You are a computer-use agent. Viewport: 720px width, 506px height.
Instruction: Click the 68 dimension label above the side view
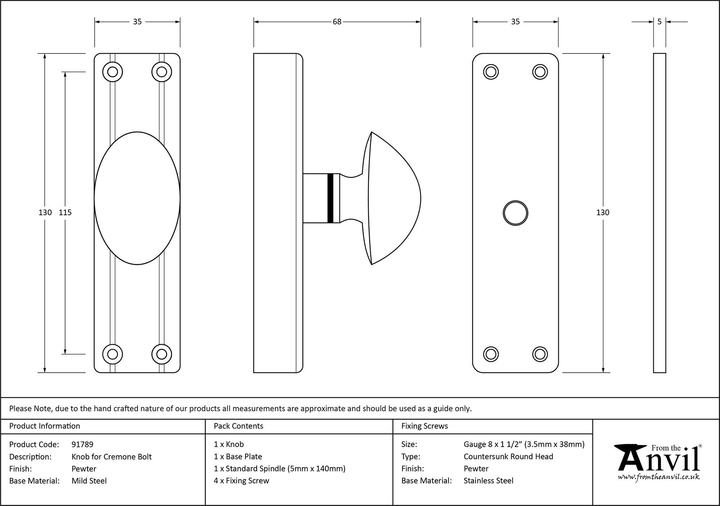click(337, 22)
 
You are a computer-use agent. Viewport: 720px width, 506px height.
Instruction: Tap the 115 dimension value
click(65, 213)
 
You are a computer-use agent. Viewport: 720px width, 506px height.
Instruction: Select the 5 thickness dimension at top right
click(659, 22)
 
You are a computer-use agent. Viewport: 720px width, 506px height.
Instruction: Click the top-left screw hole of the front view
click(112, 72)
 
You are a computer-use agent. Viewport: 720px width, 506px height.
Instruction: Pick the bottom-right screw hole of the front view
click(162, 354)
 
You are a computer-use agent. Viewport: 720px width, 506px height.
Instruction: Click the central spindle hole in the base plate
click(515, 213)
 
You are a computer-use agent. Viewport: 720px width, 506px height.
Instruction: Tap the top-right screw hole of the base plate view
click(540, 72)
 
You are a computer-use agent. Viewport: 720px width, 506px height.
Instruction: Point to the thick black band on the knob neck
click(330, 198)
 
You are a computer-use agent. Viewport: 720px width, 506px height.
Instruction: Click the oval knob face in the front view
click(137, 198)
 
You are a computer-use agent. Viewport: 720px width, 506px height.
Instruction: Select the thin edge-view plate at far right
click(659, 213)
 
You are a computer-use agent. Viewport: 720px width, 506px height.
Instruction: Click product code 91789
click(82, 444)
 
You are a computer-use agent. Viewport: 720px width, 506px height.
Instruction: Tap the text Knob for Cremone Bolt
click(112, 457)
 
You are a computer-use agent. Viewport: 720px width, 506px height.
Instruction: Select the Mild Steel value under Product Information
click(89, 481)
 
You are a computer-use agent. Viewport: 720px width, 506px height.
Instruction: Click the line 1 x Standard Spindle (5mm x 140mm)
click(279, 469)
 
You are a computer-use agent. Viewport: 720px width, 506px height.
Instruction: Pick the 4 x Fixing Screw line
click(241, 481)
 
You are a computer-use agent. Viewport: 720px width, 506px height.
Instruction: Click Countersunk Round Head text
click(508, 457)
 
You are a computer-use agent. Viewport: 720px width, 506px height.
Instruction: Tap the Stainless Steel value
click(488, 481)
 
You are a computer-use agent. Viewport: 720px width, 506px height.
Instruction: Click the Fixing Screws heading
click(424, 426)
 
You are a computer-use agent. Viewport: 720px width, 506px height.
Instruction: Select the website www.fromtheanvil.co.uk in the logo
click(658, 477)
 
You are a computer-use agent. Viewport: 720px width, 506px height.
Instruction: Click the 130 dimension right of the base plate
click(603, 213)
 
